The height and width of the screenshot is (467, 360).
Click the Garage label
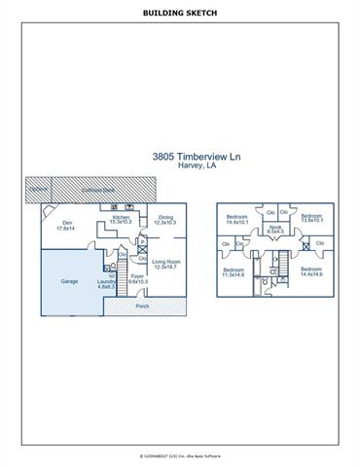tap(69, 280)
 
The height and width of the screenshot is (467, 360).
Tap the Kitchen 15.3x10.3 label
tap(121, 220)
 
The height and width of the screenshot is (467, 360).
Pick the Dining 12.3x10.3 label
tap(165, 220)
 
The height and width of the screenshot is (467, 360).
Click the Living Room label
tap(166, 264)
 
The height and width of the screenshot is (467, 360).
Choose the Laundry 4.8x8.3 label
tap(106, 284)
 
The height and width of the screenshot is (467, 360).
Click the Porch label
tap(142, 305)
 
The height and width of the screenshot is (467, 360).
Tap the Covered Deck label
tap(94, 190)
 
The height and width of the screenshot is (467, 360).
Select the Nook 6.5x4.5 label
tap(275, 229)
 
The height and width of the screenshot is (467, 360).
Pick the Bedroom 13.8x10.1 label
tap(311, 218)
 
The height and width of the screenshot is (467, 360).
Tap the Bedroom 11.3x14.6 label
tap(234, 271)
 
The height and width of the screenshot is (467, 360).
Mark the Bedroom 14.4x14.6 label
tap(310, 270)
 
